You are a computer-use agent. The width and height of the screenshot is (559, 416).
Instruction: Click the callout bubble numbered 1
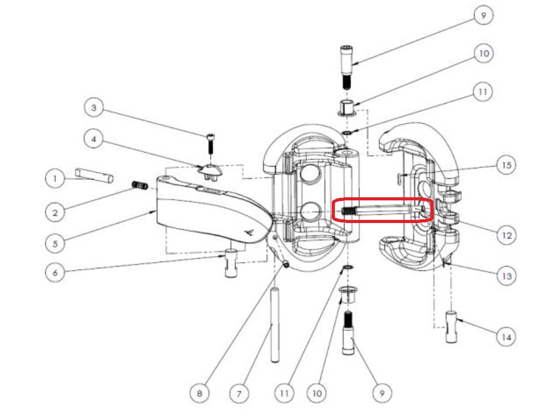pos(55,178)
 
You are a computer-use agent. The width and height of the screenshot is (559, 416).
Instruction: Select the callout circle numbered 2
pos(55,213)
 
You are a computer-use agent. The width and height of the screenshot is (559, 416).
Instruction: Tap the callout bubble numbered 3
pos(94,108)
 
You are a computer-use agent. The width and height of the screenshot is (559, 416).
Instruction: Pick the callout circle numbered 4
pos(94,139)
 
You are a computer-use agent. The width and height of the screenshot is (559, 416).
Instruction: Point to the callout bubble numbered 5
pos(55,244)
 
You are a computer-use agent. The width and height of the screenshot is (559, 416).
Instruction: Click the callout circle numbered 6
pos(55,273)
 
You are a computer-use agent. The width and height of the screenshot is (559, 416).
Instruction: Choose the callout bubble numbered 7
pos(239,394)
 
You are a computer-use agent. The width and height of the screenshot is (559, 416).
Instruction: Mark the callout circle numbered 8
pos(200,393)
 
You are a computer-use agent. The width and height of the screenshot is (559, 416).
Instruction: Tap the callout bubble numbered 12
pos(506,235)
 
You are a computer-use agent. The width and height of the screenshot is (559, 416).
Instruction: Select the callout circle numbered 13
pos(506,276)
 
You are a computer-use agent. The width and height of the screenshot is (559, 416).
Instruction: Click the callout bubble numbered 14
pos(506,337)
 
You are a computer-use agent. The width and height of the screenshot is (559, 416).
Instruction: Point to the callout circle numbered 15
pos(506,165)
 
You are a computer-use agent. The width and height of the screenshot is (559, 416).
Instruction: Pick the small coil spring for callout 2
pos(140,185)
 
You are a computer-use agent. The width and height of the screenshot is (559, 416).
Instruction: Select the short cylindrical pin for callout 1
pos(94,176)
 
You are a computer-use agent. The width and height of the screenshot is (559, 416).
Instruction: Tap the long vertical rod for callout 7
pos(274,325)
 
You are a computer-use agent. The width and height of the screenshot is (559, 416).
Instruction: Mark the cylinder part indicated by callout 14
pos(451,327)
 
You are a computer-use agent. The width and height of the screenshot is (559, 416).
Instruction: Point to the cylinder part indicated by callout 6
pos(231,263)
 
